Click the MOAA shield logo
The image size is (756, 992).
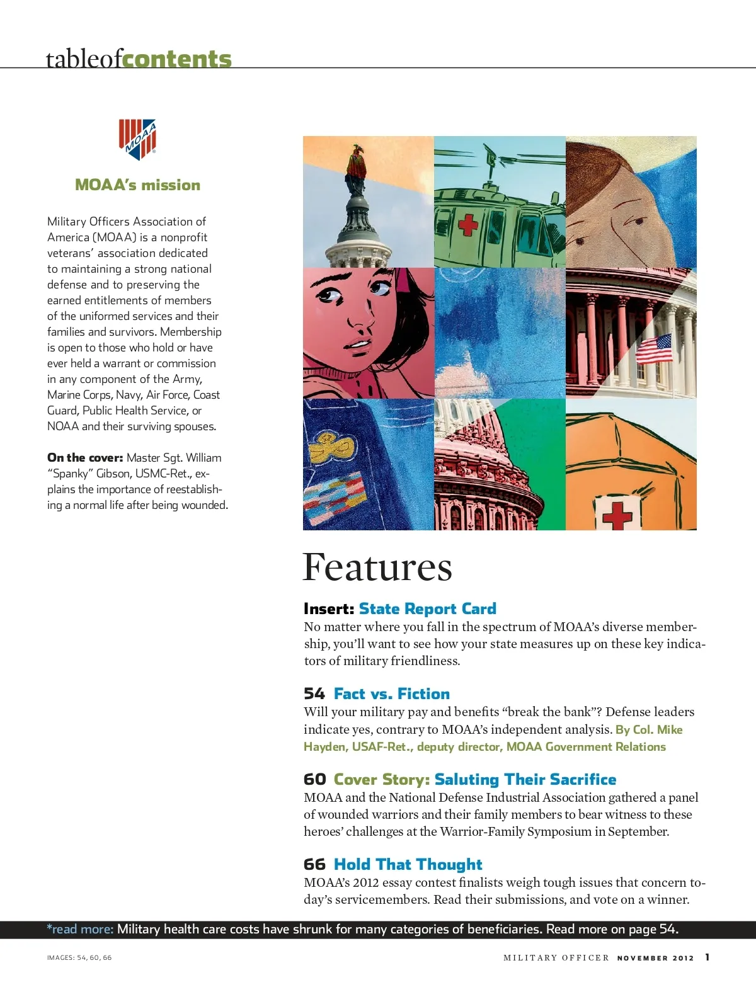click(137, 139)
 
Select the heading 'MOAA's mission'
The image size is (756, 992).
click(137, 185)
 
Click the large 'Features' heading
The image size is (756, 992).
click(377, 567)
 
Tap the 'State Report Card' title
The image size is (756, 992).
click(427, 609)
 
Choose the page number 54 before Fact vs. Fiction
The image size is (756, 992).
click(314, 694)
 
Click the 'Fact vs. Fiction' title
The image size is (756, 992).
click(391, 694)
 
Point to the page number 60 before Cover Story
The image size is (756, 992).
click(314, 780)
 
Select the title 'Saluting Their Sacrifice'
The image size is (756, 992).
click(525, 780)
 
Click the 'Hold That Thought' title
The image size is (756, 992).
click(408, 865)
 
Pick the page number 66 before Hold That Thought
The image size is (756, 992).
click(314, 865)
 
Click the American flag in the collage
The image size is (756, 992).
click(654, 349)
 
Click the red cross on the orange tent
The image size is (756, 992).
click(617, 515)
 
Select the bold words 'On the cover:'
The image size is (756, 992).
click(85, 458)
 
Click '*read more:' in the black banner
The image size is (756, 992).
click(80, 929)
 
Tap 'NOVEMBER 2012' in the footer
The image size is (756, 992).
click(655, 958)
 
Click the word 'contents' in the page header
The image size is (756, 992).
click(177, 59)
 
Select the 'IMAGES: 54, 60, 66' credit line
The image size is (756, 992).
click(79, 958)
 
